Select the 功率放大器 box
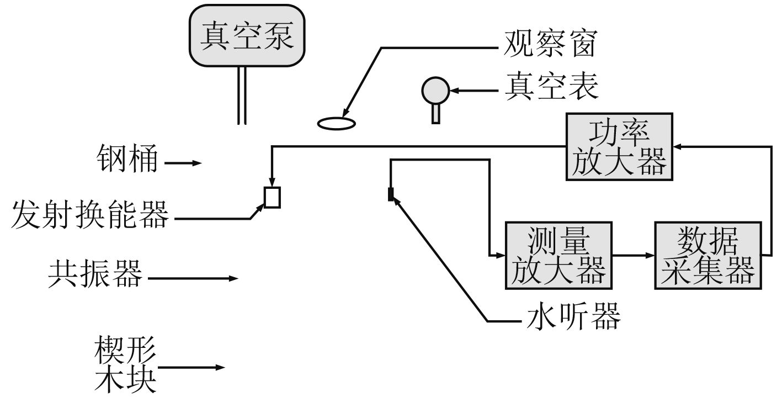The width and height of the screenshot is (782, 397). tap(619, 146)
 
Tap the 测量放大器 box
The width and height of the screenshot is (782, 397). tap(558, 255)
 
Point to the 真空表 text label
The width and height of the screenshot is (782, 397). tap(551, 87)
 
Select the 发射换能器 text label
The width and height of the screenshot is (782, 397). tap(90, 214)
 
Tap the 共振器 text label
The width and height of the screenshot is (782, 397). tap(94, 273)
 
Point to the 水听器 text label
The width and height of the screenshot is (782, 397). tap(573, 316)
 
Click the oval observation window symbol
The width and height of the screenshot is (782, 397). tap(336, 123)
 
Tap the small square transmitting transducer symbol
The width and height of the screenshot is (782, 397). tap(272, 197)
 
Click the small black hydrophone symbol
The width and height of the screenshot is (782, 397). tap(391, 194)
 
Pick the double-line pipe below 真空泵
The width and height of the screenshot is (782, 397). tap(242, 95)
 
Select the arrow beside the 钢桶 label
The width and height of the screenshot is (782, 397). tap(183, 163)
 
